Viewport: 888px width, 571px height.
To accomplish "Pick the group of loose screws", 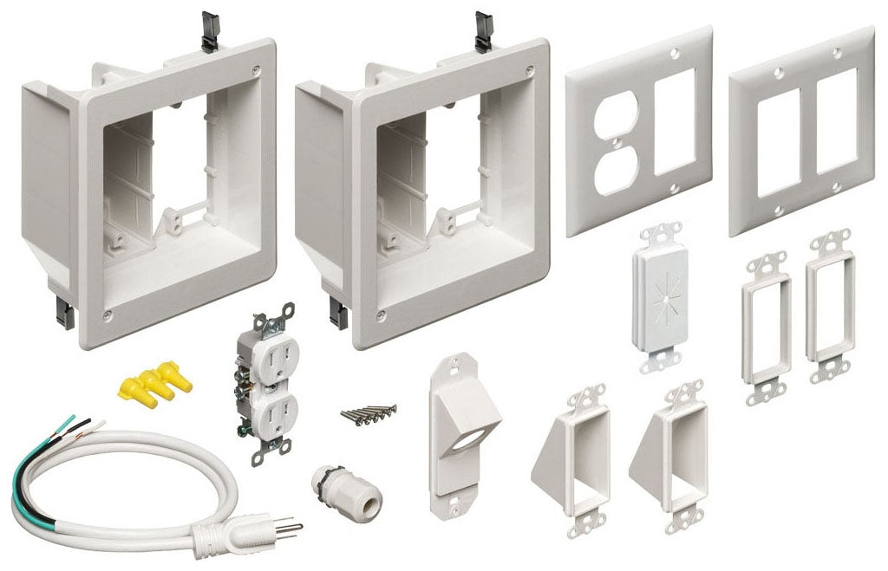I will (367, 412).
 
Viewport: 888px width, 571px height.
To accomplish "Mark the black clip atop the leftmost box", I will (209, 30).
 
